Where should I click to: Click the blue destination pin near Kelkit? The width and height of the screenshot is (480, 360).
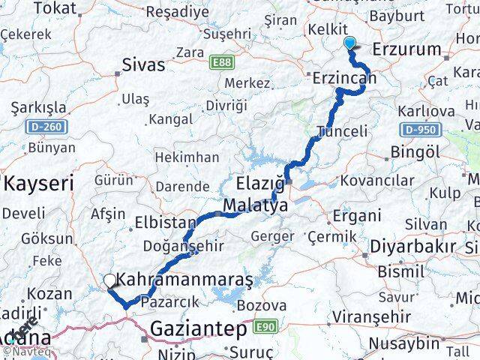click(x=349, y=43)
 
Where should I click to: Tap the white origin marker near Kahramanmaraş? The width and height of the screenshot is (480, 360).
click(x=110, y=281)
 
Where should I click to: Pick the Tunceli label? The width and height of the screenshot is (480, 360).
click(x=342, y=130)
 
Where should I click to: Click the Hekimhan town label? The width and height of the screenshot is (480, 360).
click(x=187, y=157)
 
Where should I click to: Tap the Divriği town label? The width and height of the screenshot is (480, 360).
click(x=226, y=105)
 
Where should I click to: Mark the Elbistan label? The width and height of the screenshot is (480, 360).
click(x=165, y=223)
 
